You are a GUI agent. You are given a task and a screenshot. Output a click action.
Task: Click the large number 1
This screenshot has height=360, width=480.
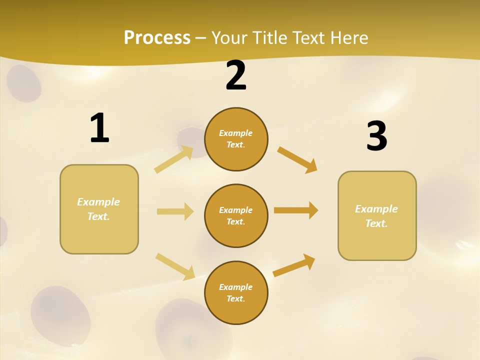[x=99, y=128]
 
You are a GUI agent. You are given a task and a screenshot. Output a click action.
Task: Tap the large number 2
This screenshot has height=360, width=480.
[x=236, y=76]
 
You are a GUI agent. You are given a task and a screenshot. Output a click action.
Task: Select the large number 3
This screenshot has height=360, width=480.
[x=376, y=136]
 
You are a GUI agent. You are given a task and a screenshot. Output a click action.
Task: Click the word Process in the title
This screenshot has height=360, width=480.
[x=157, y=37]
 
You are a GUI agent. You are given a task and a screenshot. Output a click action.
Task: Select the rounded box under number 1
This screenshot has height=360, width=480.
[x=99, y=209]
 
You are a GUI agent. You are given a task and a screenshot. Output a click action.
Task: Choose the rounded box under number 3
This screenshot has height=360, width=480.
[x=377, y=215]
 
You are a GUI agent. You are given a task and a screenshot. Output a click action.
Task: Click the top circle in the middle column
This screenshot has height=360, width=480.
[x=236, y=139]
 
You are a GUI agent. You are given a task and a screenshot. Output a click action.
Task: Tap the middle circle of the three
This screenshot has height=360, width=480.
[x=236, y=215]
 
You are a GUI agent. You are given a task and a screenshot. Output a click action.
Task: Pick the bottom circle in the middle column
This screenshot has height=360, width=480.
[x=236, y=292]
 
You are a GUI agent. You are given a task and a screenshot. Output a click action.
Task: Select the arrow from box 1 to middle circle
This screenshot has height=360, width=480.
[x=175, y=211]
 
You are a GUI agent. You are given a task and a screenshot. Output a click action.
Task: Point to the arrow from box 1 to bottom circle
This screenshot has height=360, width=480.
[x=175, y=266]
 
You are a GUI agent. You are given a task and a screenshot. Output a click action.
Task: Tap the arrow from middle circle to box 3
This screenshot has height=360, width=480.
[x=296, y=210]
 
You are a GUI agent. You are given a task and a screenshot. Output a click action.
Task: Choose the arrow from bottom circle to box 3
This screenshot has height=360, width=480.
[x=294, y=265]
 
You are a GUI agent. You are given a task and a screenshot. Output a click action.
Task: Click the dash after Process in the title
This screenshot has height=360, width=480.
[x=201, y=38]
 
